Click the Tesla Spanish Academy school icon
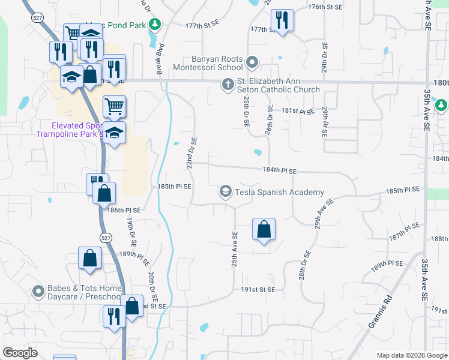(x=226, y=192)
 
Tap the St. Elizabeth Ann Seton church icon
(x=228, y=85)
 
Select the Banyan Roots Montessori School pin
(x=252, y=61)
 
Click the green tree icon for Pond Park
(x=155, y=24)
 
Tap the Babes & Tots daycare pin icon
(x=38, y=292)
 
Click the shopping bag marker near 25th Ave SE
(x=264, y=229)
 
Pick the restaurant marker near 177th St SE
(x=281, y=20)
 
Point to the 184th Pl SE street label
(x=279, y=171)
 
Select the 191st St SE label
(x=258, y=289)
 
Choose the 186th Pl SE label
(x=124, y=210)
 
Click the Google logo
(x=20, y=353)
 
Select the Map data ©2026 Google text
(x=411, y=355)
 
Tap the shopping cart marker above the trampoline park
(x=114, y=107)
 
